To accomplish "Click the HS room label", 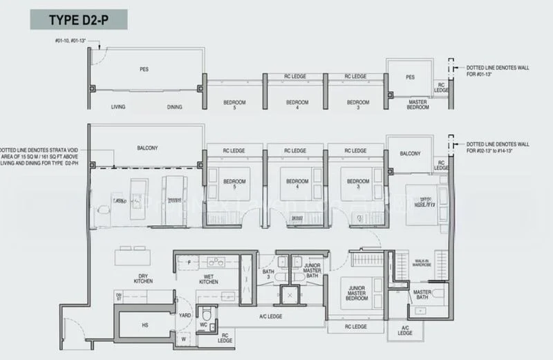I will point(144,325).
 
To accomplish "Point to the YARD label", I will point(186,314).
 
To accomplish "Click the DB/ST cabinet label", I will point(118,297).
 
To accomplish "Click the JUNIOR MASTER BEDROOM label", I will point(357,294).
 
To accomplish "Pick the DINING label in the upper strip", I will point(176,106).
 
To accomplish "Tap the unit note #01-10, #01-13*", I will point(75,41).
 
